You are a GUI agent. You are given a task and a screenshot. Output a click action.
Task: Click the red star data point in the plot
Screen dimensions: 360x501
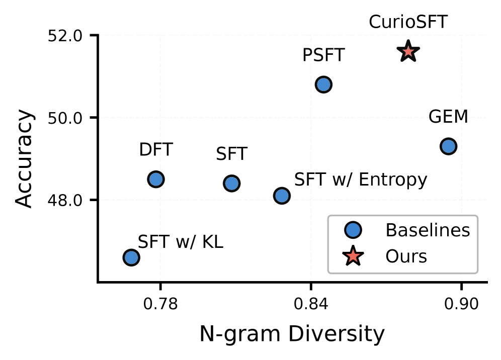(408, 51)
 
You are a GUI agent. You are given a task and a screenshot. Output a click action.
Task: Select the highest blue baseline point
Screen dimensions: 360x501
(323, 84)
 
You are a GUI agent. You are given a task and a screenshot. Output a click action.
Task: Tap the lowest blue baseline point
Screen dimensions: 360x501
(131, 257)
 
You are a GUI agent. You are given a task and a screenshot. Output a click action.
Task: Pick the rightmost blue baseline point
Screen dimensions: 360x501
(448, 146)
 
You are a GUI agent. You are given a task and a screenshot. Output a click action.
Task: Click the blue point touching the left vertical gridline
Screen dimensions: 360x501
(156, 179)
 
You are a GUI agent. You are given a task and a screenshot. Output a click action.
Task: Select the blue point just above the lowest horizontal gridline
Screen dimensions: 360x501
(282, 196)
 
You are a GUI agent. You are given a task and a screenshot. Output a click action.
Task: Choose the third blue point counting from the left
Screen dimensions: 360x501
(231, 184)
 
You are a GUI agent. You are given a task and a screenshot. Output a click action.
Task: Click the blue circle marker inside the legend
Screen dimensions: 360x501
(353, 230)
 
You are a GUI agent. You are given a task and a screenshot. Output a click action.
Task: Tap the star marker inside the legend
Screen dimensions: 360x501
(353, 256)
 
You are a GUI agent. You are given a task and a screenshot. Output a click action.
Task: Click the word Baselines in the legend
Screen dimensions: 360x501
(428, 230)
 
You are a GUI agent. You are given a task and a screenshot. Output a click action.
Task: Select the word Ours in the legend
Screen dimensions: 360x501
(406, 256)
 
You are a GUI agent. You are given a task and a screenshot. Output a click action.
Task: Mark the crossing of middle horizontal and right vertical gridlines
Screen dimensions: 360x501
(461, 118)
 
